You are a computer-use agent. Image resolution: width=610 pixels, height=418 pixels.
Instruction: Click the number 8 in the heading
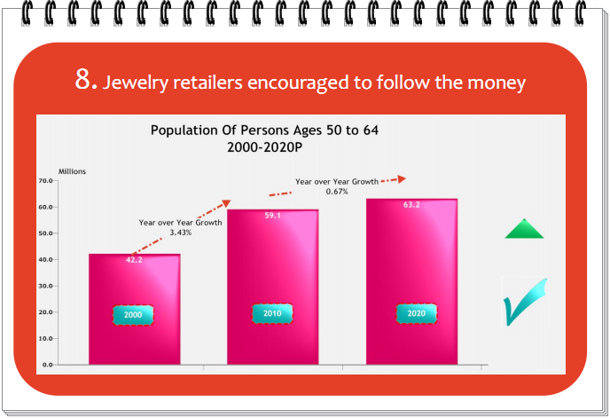pyautogui.click(x=83, y=79)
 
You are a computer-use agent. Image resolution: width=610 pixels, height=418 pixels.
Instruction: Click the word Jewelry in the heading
pyautogui.click(x=135, y=83)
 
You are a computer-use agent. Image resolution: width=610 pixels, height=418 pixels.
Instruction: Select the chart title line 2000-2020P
pyautogui.click(x=264, y=147)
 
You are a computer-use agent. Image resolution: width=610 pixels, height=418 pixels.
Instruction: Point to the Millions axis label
pyautogui.click(x=72, y=171)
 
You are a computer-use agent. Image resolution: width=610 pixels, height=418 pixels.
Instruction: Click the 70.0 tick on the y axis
pyautogui.click(x=45, y=181)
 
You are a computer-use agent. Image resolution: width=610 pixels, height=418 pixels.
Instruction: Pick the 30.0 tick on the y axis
pyautogui.click(x=45, y=286)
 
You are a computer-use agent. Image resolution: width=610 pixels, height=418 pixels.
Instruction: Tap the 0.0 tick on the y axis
pyautogui.click(x=48, y=365)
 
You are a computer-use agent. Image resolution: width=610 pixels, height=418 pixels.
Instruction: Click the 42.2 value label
pyautogui.click(x=134, y=260)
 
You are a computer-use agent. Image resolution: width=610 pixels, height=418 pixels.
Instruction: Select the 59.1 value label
pyautogui.click(x=273, y=216)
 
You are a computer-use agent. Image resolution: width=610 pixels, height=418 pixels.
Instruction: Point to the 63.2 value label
pyautogui.click(x=411, y=204)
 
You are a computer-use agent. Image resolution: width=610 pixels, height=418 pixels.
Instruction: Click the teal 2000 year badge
pyautogui.click(x=133, y=315)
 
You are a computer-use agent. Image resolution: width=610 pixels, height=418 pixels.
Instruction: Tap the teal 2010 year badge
pyautogui.click(x=272, y=313)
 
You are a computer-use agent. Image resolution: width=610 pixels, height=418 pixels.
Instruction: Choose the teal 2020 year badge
pyautogui.click(x=416, y=313)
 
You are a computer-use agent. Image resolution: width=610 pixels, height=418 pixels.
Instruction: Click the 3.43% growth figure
pyautogui.click(x=181, y=233)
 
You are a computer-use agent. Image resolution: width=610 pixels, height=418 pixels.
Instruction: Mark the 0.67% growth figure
pyautogui.click(x=337, y=192)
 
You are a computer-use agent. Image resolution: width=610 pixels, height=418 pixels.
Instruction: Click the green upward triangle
pyautogui.click(x=524, y=229)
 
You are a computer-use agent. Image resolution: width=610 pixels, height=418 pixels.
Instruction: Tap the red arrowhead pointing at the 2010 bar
pyautogui.click(x=226, y=203)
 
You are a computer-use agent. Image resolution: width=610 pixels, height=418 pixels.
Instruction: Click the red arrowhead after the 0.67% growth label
pyautogui.click(x=402, y=179)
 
